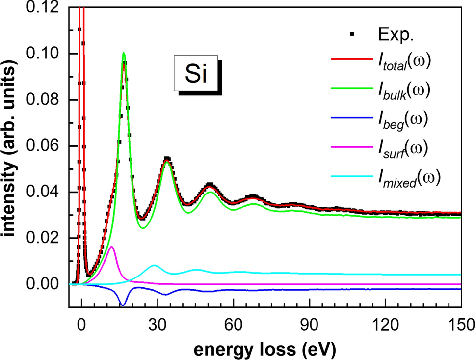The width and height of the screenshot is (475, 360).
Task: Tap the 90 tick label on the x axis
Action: pos(310,324)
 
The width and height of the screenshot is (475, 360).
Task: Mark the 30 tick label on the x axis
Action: pos(157,324)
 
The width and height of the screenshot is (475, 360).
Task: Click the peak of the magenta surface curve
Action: pos(112,247)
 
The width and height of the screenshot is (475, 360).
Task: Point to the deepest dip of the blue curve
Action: pos(122,305)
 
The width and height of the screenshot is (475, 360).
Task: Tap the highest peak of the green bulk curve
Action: pos(124,53)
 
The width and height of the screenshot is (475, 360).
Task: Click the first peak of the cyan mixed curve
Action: pos(154,265)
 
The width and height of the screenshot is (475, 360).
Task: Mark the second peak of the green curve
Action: pos(167,162)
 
